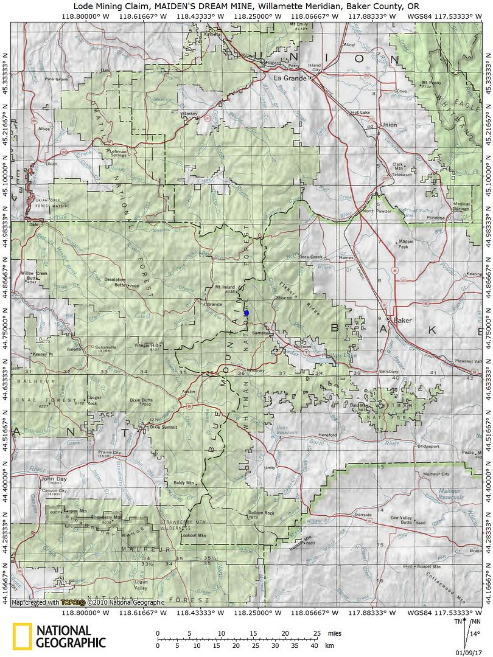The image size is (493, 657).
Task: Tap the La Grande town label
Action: click(288, 78)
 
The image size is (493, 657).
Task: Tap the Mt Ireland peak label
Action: click(225, 285)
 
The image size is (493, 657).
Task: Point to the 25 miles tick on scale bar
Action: click(316, 634)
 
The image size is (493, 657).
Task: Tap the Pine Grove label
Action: click(56, 79)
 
